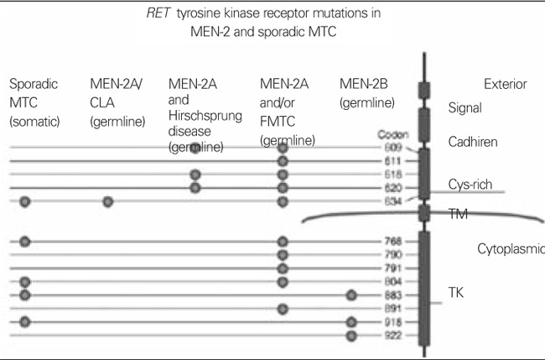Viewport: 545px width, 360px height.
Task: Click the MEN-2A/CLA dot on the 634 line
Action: [x=107, y=201]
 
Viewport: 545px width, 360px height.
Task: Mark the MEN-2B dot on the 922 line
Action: [x=352, y=335]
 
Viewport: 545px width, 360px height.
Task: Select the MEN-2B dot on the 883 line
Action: [x=352, y=295]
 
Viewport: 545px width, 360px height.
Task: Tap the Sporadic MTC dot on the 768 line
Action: [x=25, y=242]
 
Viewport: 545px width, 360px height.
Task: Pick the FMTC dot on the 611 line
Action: [x=283, y=160]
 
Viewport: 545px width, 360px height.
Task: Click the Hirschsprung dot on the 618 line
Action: [x=195, y=175]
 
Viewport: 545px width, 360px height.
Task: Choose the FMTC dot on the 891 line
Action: [x=283, y=309]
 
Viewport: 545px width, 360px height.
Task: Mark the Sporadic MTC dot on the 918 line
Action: [x=25, y=321]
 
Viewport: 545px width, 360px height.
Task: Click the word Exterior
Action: [x=506, y=84]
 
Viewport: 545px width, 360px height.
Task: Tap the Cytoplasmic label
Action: [x=510, y=248]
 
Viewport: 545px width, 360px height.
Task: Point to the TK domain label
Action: [x=459, y=295]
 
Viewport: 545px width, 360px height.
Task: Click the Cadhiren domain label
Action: [x=472, y=143]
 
